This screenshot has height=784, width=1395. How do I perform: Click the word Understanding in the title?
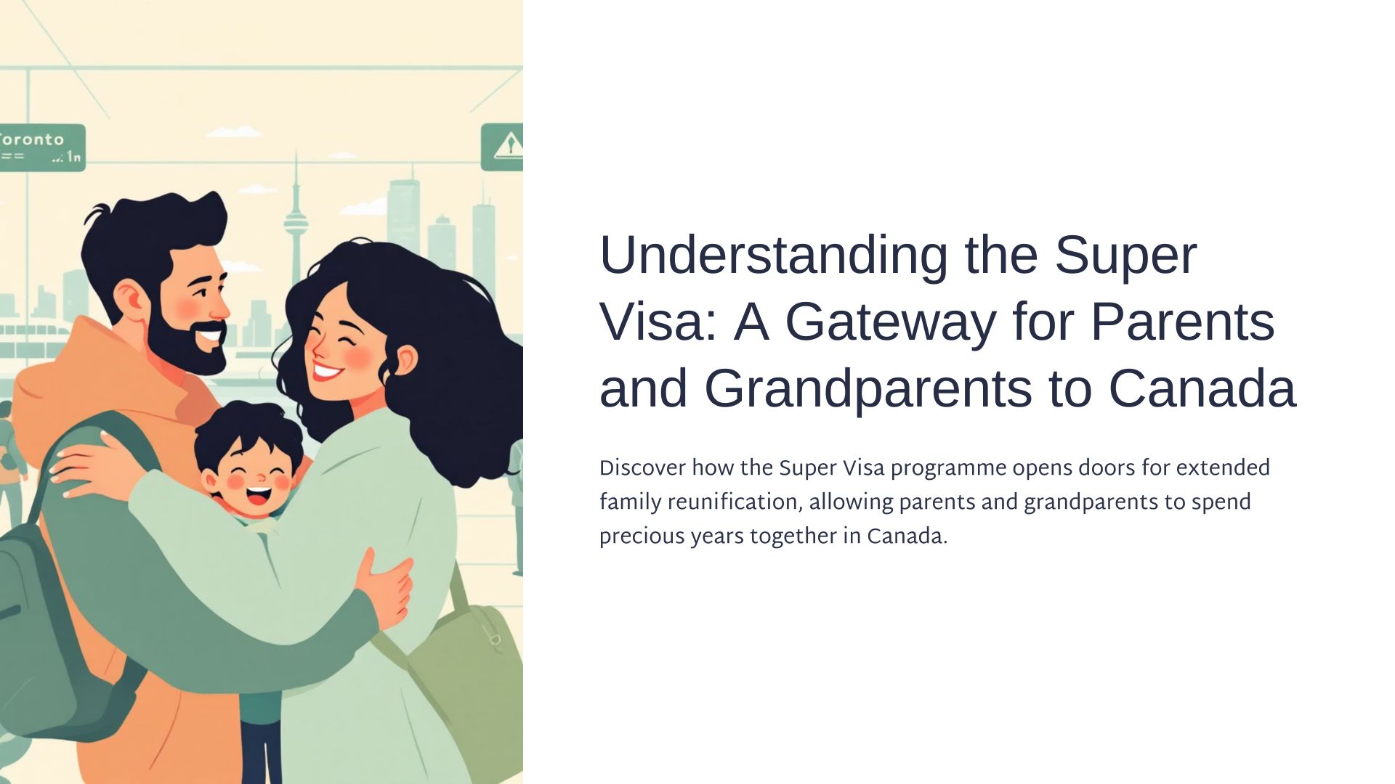click(x=774, y=256)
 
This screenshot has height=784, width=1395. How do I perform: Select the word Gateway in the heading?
click(x=890, y=322)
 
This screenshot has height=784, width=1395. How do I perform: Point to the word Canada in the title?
click(x=1202, y=389)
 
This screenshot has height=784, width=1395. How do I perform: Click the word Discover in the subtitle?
click(x=642, y=468)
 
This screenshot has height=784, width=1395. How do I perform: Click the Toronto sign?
click(x=42, y=147)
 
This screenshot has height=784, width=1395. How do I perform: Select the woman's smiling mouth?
click(x=326, y=372)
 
